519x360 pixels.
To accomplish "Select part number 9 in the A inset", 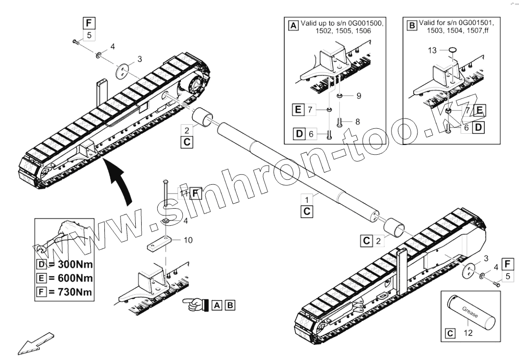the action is tap(358, 96).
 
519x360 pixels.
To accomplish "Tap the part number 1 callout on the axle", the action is tap(307, 200).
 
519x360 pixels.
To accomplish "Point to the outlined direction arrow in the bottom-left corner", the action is tap(35, 343).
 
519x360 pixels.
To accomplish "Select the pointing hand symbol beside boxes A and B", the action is tap(196, 305).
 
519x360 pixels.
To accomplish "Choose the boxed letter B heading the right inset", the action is tap(412, 25).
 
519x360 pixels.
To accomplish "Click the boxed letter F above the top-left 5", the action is tap(89, 23).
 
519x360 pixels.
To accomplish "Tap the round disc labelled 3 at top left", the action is tap(125, 71).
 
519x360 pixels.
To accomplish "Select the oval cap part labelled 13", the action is tap(452, 49).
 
